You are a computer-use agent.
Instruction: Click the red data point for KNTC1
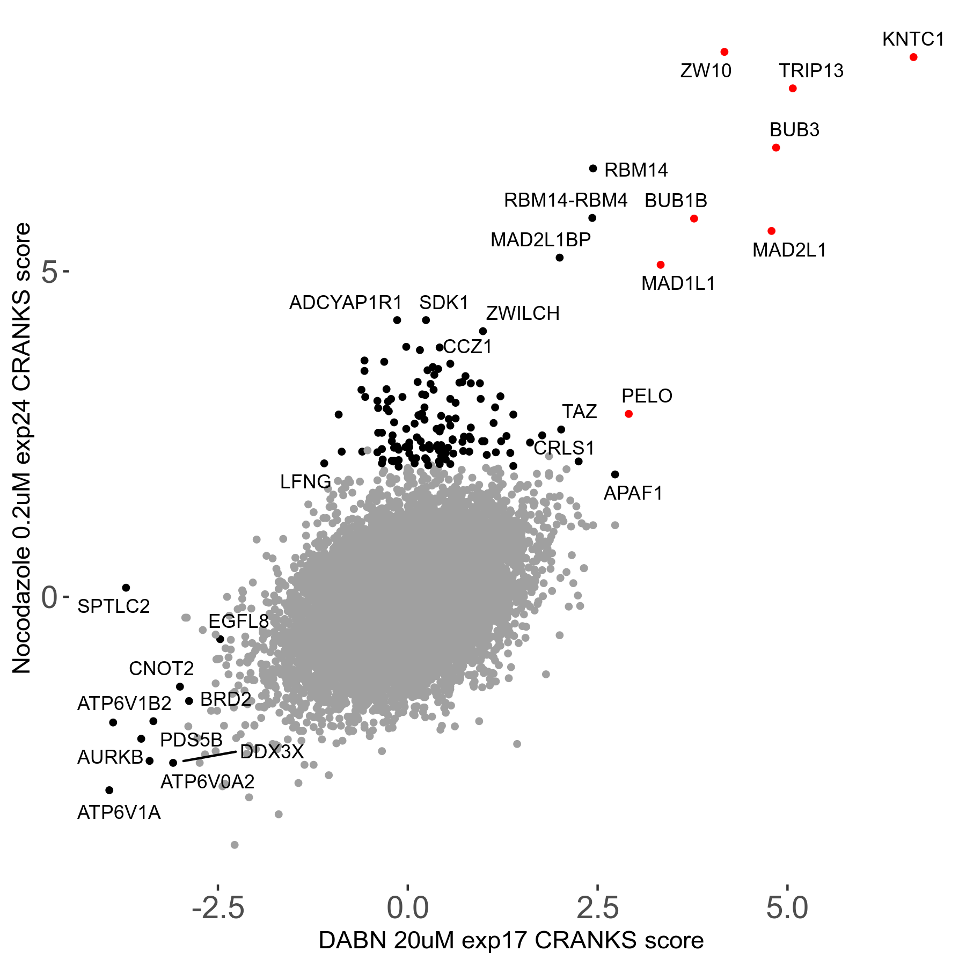913,57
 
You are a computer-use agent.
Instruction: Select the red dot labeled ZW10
724,52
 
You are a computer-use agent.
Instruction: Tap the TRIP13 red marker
793,89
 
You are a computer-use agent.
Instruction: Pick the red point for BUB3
776,148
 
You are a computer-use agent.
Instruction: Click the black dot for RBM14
593,169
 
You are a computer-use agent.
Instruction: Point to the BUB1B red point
694,218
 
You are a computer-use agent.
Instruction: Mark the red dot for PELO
628,414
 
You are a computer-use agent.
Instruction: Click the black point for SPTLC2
126,588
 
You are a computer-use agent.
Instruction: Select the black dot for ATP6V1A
109,790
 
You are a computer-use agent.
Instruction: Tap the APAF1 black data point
615,474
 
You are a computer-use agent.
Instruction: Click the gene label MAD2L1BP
540,240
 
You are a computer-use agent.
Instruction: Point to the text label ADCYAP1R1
346,303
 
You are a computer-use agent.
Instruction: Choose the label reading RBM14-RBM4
565,200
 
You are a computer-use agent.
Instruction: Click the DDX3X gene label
272,752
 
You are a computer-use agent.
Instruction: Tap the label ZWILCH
523,313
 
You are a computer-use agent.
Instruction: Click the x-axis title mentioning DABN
511,941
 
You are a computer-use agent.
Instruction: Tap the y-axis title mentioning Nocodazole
22,448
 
